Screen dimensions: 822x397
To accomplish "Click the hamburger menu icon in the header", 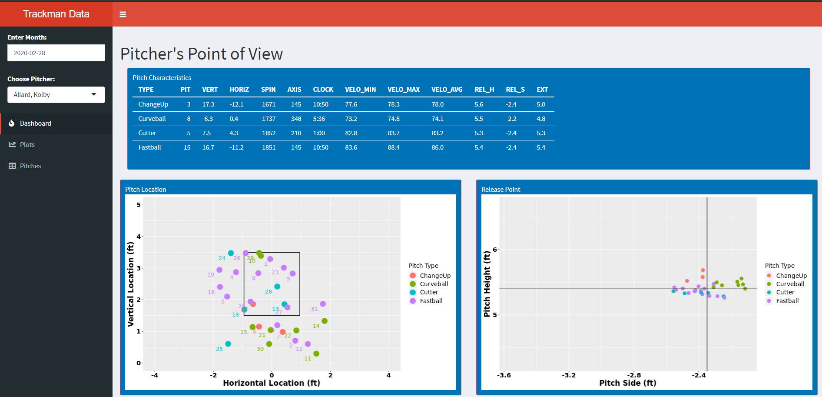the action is [123, 14].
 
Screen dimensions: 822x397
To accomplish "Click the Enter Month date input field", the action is [56, 53].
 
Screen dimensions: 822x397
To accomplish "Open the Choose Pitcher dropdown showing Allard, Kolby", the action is [56, 95].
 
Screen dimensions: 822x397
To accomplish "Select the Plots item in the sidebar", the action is [27, 145].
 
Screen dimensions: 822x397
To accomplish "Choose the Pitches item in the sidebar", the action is [30, 166].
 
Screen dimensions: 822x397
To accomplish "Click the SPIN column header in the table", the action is [268, 90].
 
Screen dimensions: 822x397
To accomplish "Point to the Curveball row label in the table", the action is [152, 119].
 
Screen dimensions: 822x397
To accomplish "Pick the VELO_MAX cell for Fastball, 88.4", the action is [394, 147].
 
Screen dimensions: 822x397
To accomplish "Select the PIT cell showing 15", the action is [187, 147].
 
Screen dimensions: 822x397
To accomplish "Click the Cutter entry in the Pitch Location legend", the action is [429, 292].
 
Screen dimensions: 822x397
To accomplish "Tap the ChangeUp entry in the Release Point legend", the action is [791, 276].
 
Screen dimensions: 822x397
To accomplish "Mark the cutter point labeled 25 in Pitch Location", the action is [228, 344].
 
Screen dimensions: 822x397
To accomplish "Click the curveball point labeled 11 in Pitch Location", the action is [316, 354].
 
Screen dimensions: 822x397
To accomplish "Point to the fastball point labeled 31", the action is [323, 304].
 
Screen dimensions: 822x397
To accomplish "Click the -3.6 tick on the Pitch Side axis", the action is [504, 375].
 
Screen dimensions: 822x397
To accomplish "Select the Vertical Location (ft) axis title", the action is [130, 284].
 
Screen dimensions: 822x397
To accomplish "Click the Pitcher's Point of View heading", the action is [202, 54].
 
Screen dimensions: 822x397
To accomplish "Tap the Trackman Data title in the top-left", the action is [56, 14].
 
